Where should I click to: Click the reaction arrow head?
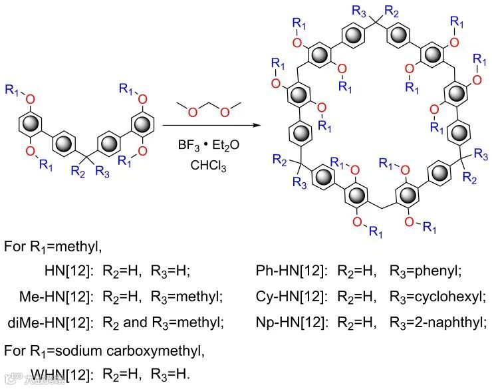pos(255,125)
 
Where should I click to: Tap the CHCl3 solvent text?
pos(208,167)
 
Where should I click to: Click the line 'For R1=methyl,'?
pos(53,247)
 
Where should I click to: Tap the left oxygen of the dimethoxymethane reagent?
pos(191,111)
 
